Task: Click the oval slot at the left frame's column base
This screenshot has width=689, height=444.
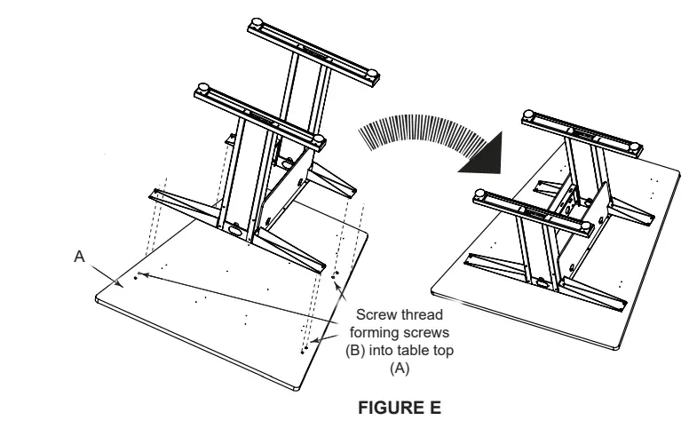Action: coord(234,229)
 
